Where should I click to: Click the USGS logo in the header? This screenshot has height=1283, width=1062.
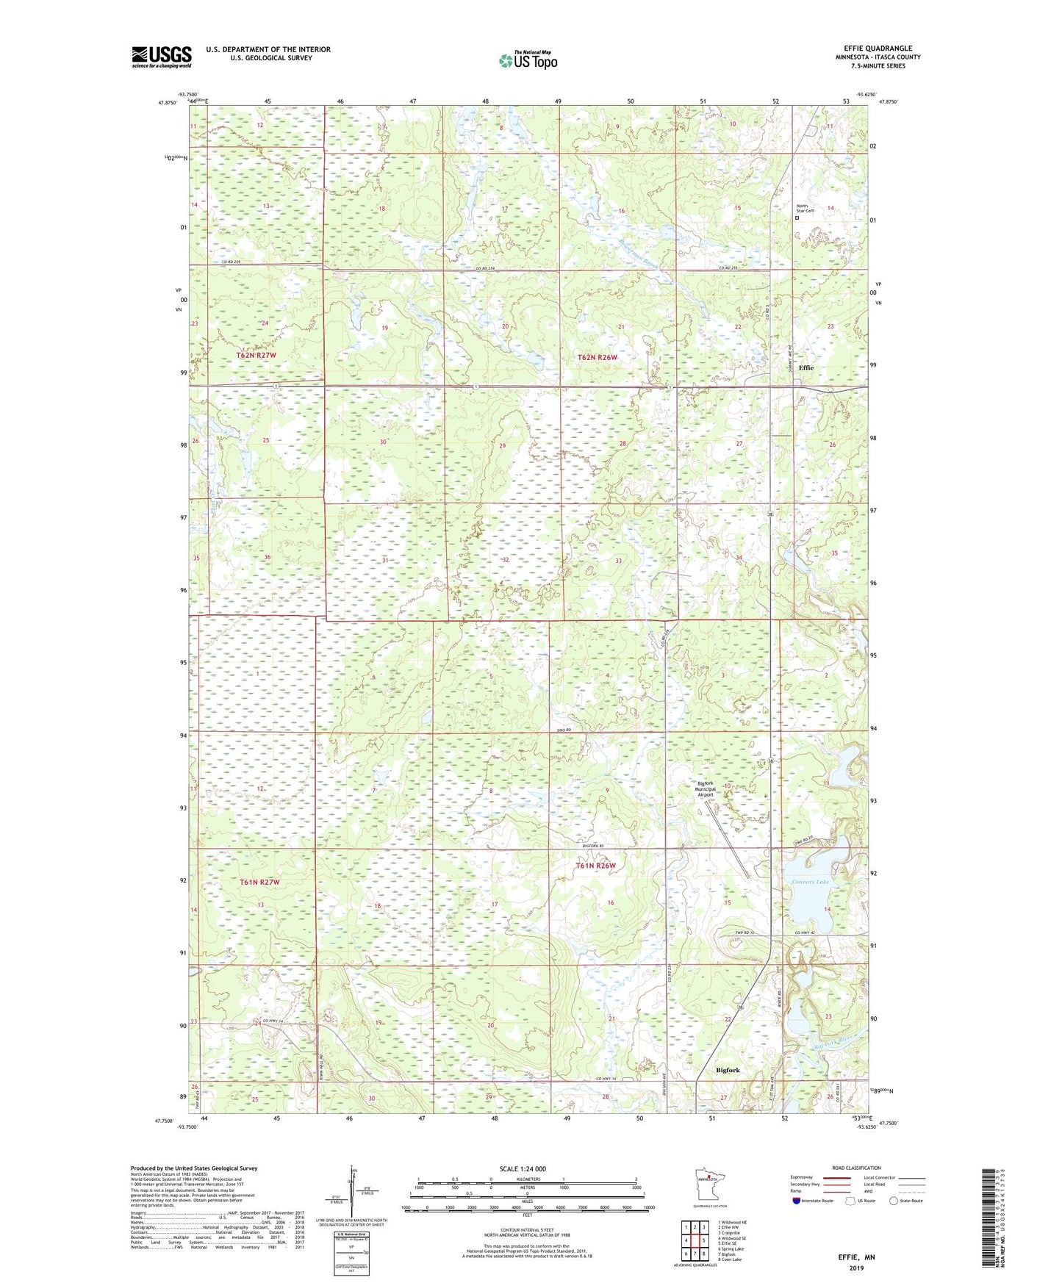pyautogui.click(x=161, y=57)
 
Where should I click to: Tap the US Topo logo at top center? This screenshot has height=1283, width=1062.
pyautogui.click(x=528, y=61)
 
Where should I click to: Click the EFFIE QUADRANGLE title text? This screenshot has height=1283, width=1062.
pyautogui.click(x=878, y=48)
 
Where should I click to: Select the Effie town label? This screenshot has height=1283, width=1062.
pyautogui.click(x=806, y=367)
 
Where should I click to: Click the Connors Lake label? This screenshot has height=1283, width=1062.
pyautogui.click(x=810, y=882)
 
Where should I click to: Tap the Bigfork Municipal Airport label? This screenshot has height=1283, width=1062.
pyautogui.click(x=706, y=789)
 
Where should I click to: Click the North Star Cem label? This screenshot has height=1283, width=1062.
pyautogui.click(x=806, y=208)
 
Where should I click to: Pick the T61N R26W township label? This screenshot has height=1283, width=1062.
pyautogui.click(x=595, y=866)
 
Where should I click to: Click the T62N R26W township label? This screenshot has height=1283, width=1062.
pyautogui.click(x=598, y=357)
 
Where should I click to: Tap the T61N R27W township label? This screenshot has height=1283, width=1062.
pyautogui.click(x=259, y=882)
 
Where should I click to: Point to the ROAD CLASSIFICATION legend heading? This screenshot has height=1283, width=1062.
pyautogui.click(x=856, y=1168)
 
